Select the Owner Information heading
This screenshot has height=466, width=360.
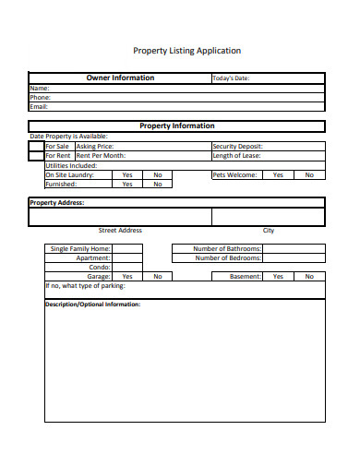click(120, 78)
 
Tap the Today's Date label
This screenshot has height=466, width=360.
click(231, 78)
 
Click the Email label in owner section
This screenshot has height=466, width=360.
click(39, 106)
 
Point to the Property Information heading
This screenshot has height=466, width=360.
click(176, 125)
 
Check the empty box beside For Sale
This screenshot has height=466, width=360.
click(37, 146)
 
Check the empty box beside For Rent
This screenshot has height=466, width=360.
click(37, 155)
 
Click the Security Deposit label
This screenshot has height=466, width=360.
click(238, 146)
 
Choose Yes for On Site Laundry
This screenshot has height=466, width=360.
click(127, 174)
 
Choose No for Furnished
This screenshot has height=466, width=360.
click(158, 184)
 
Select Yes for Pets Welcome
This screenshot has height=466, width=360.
click(278, 174)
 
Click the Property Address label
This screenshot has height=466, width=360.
click(57, 202)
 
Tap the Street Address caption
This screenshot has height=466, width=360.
click(120, 231)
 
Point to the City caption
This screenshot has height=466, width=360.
click(269, 231)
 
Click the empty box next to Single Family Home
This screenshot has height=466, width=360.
click(127, 248)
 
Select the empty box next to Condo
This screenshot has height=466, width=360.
click(127, 267)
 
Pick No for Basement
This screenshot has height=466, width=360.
click(309, 276)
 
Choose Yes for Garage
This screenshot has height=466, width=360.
click(127, 276)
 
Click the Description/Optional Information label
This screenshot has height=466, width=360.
click(93, 304)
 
